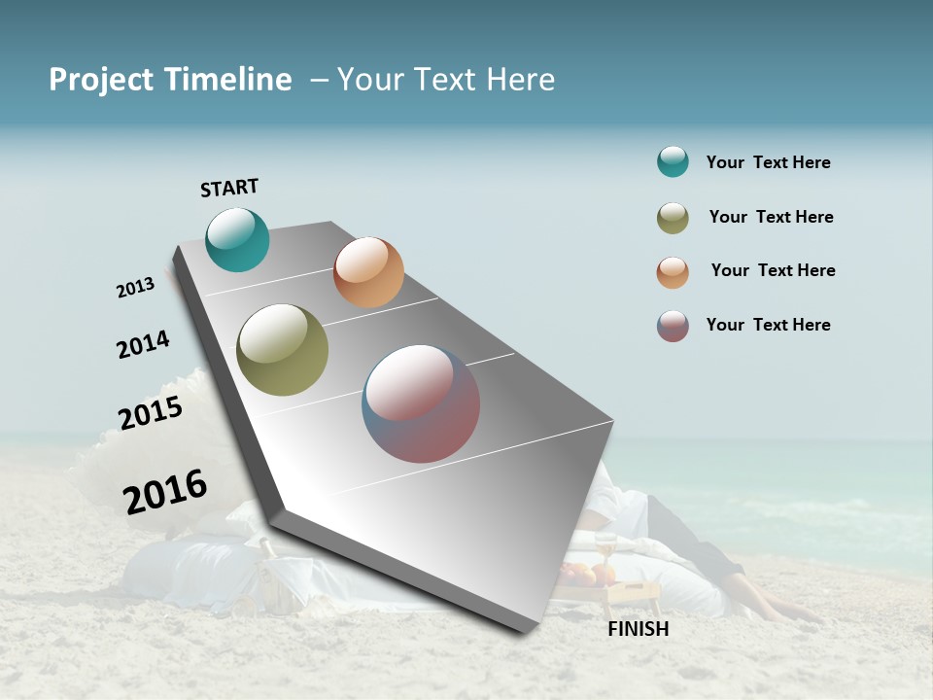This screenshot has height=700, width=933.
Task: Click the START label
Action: tap(229, 188)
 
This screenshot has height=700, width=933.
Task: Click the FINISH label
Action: tap(639, 629)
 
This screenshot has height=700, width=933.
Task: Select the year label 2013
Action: tap(135, 288)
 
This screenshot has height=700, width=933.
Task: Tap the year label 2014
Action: tap(143, 344)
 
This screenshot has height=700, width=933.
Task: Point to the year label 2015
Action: tap(151, 413)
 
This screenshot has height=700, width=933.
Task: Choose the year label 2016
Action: tap(165, 491)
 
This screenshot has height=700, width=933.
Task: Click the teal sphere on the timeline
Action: tap(237, 239)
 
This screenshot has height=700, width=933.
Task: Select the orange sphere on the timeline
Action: tap(368, 272)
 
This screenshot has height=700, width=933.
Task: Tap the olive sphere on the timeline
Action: tap(282, 350)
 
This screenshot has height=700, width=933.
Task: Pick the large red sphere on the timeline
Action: tap(421, 403)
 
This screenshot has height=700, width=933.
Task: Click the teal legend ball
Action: tap(673, 162)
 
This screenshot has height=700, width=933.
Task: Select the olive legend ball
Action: tap(673, 218)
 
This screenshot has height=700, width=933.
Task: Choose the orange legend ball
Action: tap(673, 272)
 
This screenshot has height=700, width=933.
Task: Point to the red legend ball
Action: tap(673, 326)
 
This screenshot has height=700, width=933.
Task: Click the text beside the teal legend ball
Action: tap(768, 163)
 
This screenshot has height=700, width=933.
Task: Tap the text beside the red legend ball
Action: tap(768, 325)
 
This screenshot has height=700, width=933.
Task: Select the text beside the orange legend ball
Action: tap(773, 270)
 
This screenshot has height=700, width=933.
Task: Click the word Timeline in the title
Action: tap(227, 80)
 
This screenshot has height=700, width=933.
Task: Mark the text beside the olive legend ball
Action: tap(771, 217)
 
